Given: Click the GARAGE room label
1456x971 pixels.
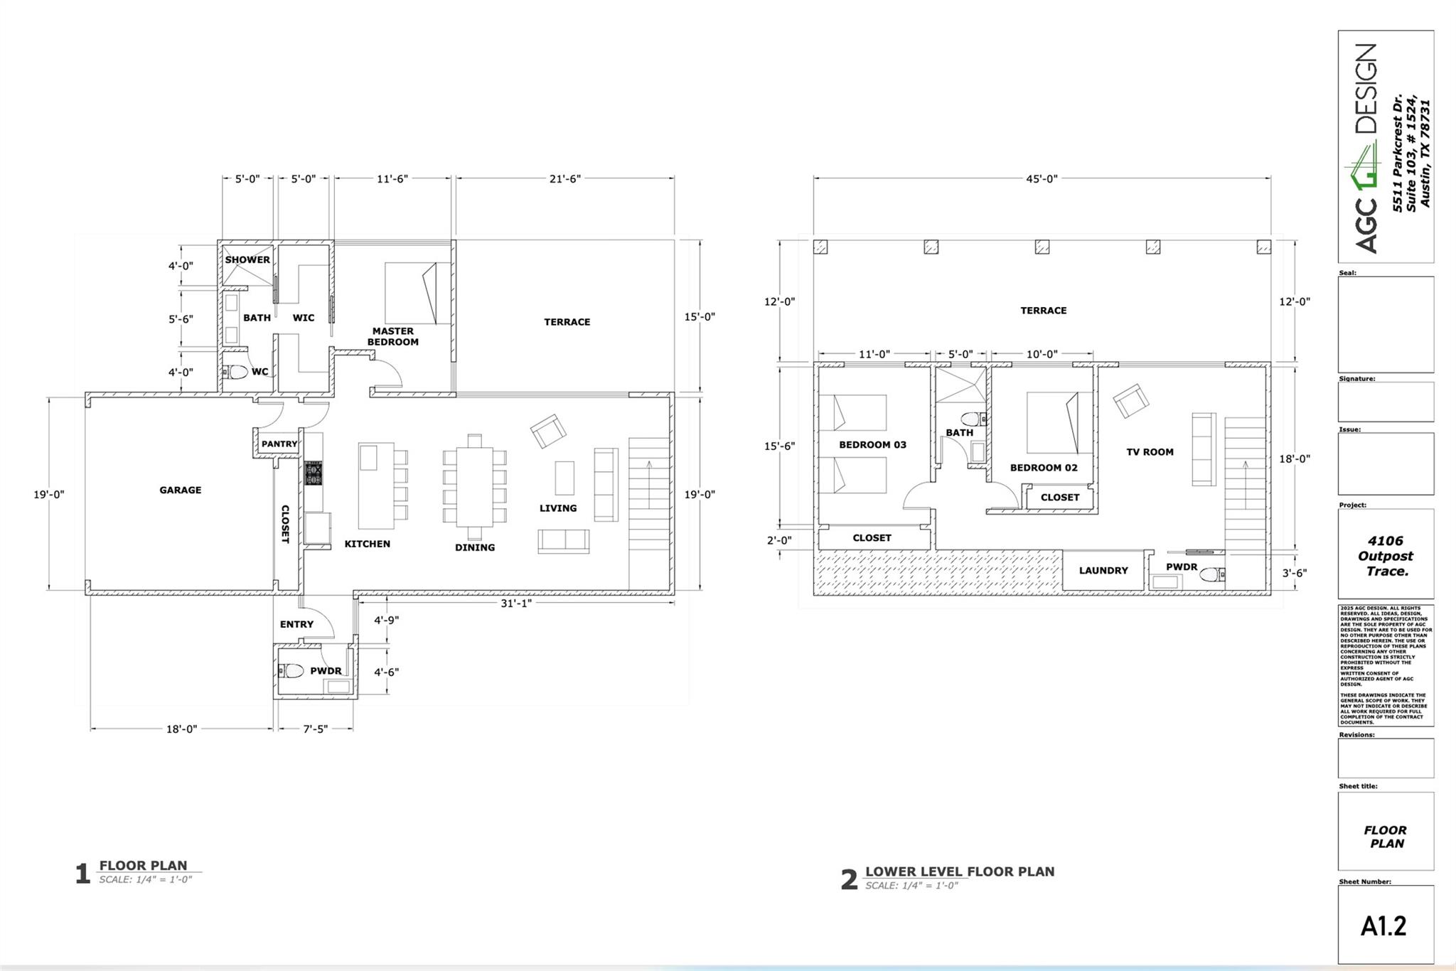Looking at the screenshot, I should point(180,490).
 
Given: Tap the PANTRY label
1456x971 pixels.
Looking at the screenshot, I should point(279,444).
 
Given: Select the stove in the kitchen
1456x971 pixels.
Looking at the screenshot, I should point(314,473).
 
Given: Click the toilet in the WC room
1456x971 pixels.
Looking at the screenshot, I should point(237,372).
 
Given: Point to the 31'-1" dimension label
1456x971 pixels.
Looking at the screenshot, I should point(515,603).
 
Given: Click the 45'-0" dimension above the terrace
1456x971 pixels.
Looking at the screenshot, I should point(1042,178).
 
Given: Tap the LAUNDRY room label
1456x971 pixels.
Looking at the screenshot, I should point(1103,570).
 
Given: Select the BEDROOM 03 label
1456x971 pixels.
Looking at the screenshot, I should point(872,445).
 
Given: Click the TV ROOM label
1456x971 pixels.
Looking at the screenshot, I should point(1150,451).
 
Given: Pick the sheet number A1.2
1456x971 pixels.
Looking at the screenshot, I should point(1383,926).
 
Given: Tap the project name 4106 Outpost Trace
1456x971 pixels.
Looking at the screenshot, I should point(1385,556).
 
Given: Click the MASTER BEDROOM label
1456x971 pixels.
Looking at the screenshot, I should point(392,336).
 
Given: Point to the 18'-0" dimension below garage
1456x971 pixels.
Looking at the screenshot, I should point(181,729).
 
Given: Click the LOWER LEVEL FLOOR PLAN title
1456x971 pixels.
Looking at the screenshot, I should point(959,871).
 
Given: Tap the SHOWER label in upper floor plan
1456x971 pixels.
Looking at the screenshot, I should point(247,259).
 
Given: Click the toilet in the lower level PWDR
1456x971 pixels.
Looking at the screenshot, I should point(1211,574).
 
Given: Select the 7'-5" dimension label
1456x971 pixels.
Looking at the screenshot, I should point(315,729).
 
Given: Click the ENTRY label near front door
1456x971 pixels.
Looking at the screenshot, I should point(296,624).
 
